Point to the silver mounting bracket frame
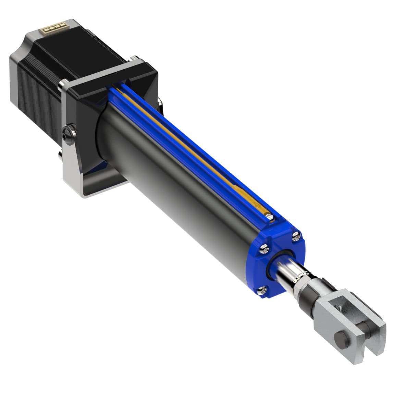coord(74,164)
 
